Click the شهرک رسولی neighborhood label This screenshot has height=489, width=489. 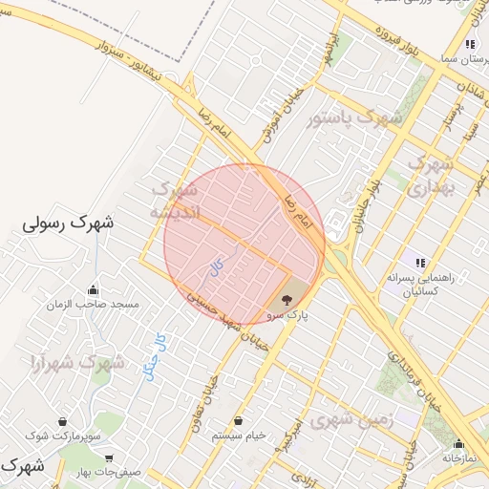[x=67, y=225]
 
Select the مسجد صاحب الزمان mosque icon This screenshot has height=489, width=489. [x=93, y=289]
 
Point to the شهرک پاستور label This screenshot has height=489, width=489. [x=355, y=118]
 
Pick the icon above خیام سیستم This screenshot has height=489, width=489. [x=238, y=421]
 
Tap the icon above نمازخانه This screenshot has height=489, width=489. [x=458, y=443]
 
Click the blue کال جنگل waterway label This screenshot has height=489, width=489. [x=158, y=356]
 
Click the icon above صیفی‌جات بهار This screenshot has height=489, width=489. [x=109, y=457]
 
